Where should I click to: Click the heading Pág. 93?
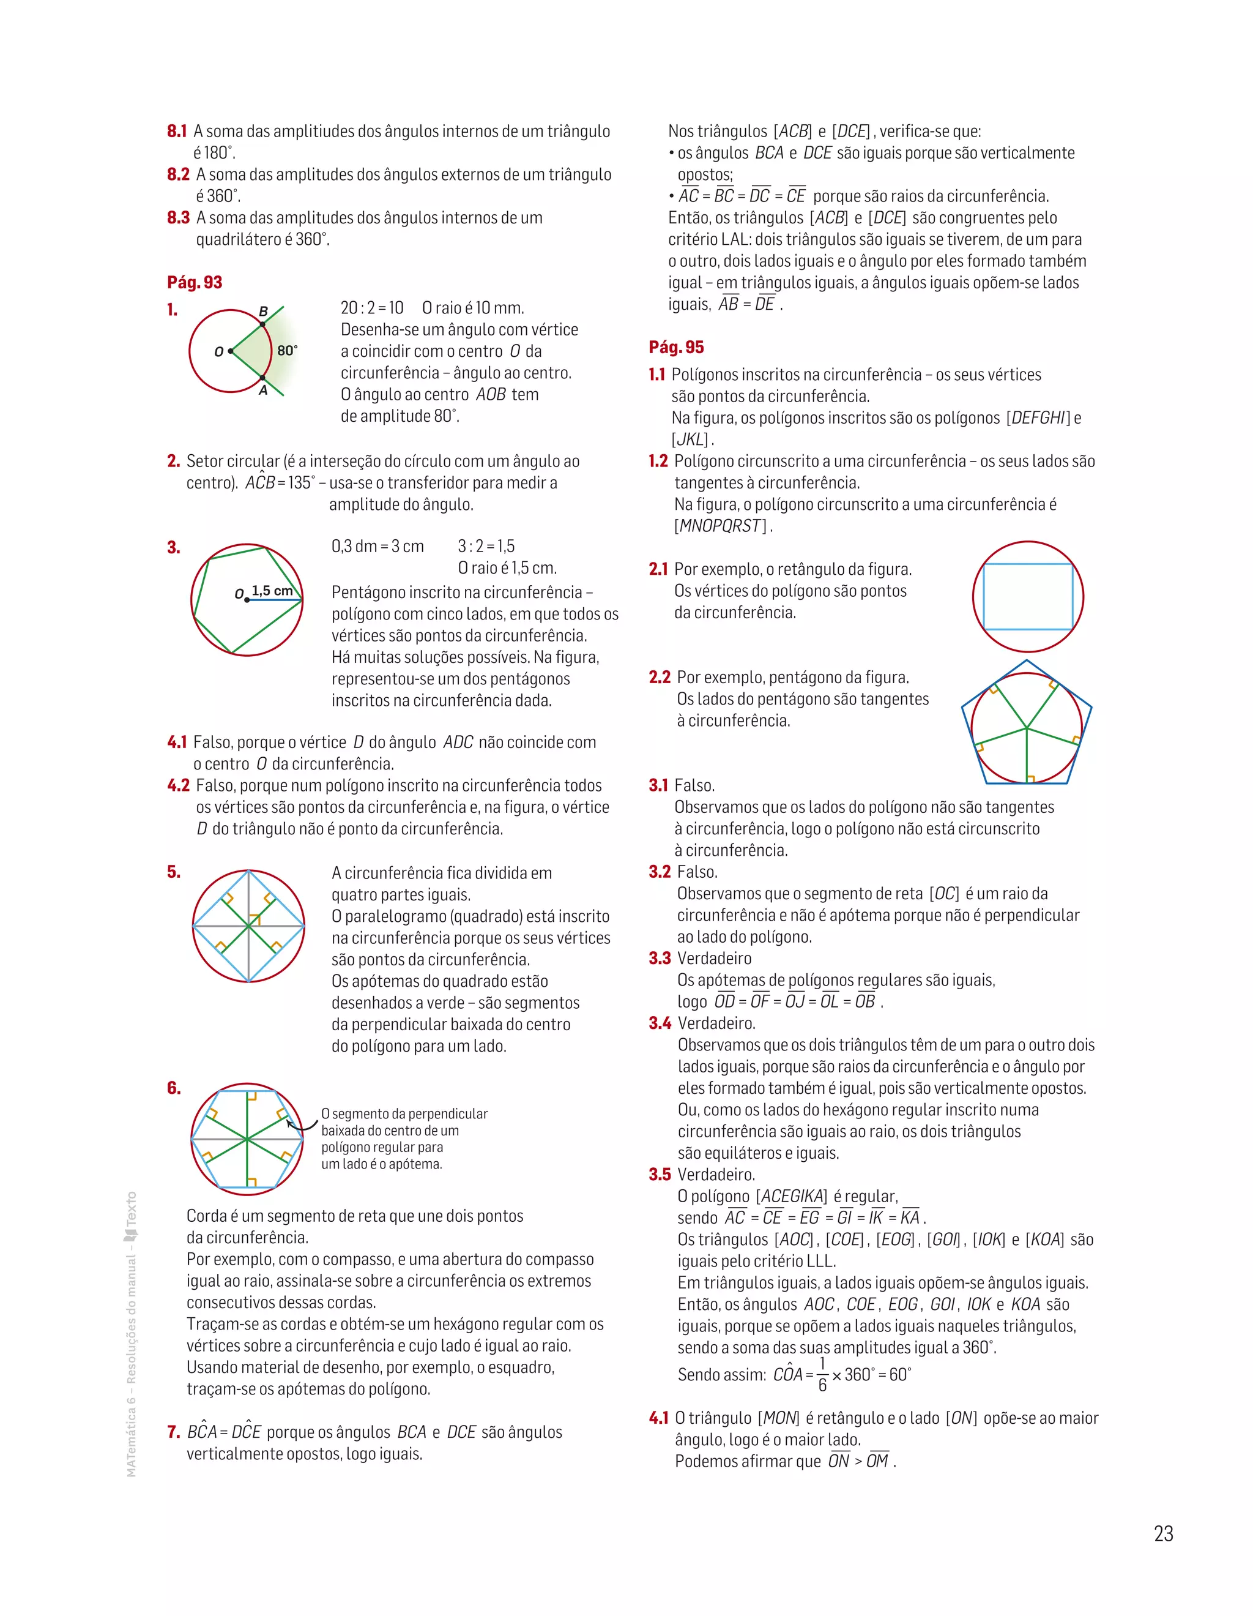point(195,282)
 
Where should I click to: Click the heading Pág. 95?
point(676,347)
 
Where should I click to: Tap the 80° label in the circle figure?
point(287,350)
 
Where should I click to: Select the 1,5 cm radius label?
point(272,591)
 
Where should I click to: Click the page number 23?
point(1163,1534)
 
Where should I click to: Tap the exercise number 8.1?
point(177,132)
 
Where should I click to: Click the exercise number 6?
point(174,1088)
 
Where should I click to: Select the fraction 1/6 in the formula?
point(822,1374)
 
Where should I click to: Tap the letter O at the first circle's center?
point(219,351)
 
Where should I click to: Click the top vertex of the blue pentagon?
point(1027,660)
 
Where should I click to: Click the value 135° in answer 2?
point(300,483)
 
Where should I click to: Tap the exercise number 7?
point(174,1432)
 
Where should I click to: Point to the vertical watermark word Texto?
point(132,1207)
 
